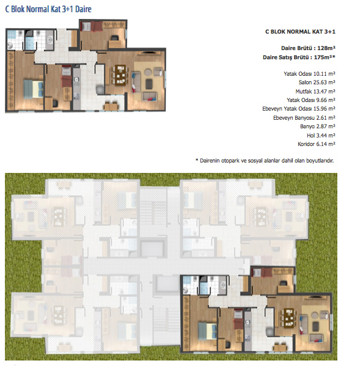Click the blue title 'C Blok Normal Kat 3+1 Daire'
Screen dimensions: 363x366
(48, 9)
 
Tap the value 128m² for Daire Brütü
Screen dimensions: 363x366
(326, 48)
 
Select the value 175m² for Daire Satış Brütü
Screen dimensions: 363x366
(323, 57)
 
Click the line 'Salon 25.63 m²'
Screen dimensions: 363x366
(317, 82)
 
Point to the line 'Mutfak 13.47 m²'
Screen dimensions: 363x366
(315, 91)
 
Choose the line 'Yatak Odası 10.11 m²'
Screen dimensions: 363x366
(310, 74)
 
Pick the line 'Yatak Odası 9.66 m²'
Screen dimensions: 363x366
(311, 100)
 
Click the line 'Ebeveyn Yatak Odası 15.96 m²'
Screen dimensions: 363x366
(299, 109)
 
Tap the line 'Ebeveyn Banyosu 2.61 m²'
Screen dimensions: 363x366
(304, 118)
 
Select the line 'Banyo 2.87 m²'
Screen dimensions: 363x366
(318, 126)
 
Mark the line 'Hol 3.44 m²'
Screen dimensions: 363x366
(321, 136)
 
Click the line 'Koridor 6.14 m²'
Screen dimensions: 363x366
(317, 144)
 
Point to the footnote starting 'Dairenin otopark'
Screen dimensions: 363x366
(265, 161)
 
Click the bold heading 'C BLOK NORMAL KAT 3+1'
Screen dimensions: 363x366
(300, 32)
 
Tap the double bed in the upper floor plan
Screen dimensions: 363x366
(34, 89)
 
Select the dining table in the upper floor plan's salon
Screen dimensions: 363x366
(120, 75)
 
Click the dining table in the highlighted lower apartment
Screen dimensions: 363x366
(290, 318)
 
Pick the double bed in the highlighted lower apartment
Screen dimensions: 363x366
(208, 331)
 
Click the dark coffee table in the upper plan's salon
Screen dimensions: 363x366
(149, 84)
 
